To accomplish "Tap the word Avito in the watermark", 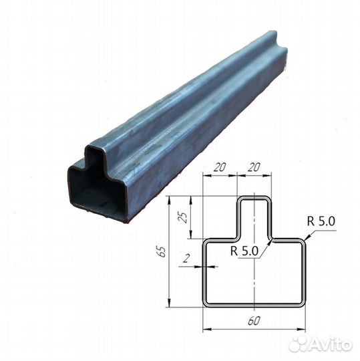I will click(332, 344).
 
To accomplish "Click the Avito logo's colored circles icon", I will click(299, 344).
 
